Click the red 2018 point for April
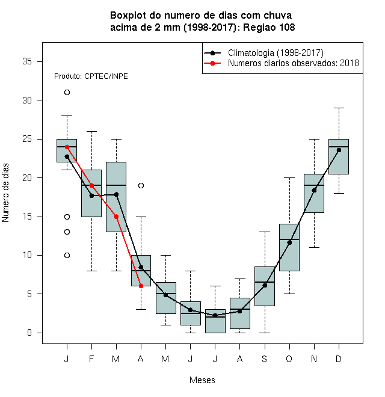141,286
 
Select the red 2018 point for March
116,217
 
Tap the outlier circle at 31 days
67,93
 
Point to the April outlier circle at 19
141,186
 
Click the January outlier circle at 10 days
67,255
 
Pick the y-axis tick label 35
27,61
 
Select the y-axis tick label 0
29,333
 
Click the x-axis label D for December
339,359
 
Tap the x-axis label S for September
265,359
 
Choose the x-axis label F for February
91,359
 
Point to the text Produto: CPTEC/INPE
91,76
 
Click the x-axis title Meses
202,380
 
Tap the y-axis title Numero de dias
5,193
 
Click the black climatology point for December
339,150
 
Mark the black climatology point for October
289,242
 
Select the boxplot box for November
314,193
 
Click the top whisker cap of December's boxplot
339,108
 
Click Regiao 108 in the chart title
269,27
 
